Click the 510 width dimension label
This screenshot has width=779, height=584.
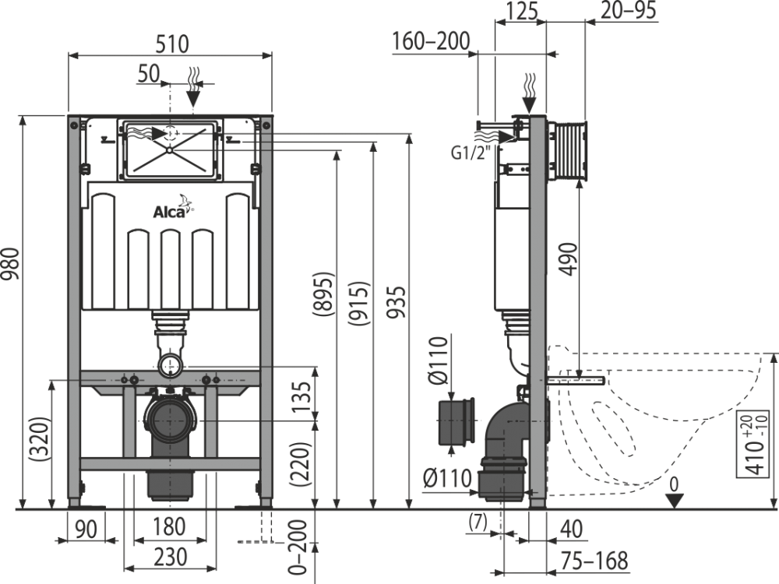(172, 44)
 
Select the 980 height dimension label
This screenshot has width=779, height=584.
(10, 264)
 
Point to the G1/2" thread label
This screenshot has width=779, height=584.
(471, 153)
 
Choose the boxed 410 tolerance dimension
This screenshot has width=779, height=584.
(753, 444)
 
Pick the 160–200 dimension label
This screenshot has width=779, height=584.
(431, 41)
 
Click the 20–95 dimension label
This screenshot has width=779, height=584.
(628, 10)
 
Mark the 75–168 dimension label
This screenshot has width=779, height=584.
(594, 561)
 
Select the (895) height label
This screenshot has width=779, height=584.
(323, 294)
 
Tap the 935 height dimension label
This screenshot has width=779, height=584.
(397, 302)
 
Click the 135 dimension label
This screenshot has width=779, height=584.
(301, 396)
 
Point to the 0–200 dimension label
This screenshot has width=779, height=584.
(298, 547)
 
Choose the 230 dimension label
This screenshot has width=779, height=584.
(171, 558)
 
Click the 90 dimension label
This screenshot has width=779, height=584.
(86, 529)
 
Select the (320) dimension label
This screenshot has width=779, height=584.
(41, 439)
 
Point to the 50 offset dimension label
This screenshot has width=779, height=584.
(149, 74)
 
